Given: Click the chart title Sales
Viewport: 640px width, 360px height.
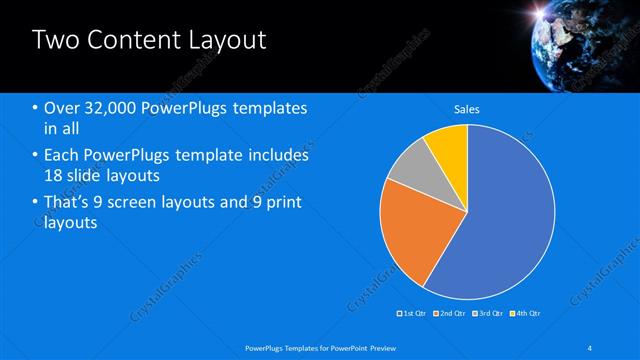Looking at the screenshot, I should [x=467, y=109].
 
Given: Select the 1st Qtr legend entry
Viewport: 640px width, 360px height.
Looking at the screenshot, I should [x=413, y=314].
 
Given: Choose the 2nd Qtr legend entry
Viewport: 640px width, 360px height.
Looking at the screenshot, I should [x=449, y=314].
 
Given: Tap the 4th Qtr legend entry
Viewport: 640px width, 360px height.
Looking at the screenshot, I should [x=524, y=314].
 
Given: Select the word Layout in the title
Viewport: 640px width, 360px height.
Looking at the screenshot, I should [x=226, y=40].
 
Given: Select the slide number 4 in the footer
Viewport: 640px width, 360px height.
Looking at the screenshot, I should [x=591, y=347].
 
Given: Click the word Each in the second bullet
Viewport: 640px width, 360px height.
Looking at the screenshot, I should [x=63, y=156].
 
